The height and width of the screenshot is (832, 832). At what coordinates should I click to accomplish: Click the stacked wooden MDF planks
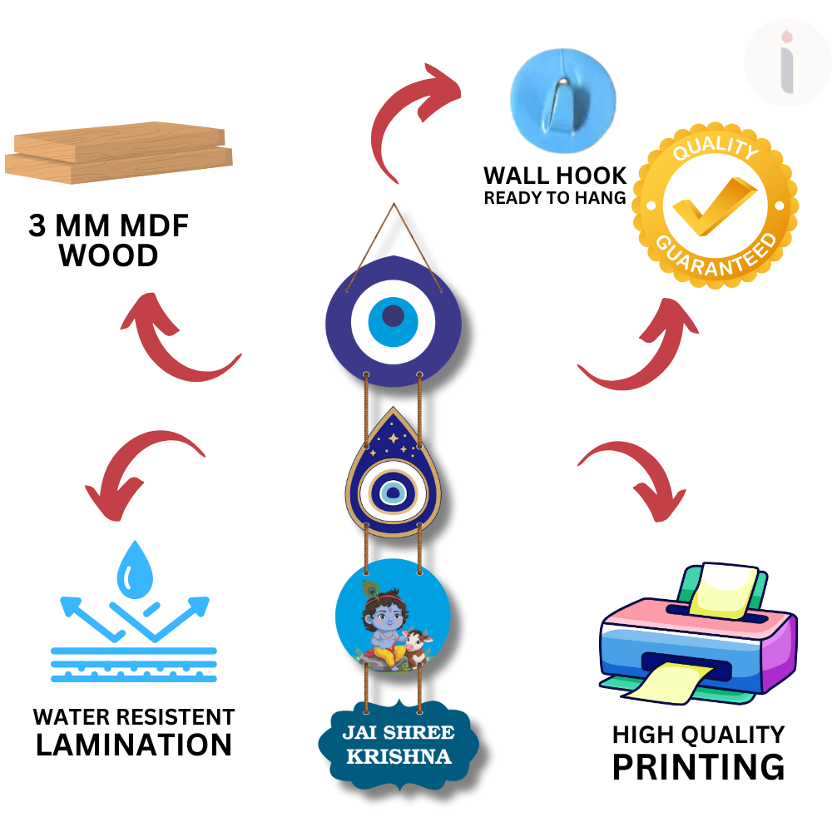(x=119, y=153)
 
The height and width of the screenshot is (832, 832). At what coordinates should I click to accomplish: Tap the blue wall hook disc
(x=563, y=101)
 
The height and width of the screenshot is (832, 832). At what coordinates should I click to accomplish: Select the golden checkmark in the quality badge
(x=714, y=206)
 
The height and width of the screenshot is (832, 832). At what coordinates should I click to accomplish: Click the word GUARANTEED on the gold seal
(x=717, y=255)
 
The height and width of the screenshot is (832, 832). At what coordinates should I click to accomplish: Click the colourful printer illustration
(x=698, y=633)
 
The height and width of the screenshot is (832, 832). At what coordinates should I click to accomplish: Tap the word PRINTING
(x=698, y=767)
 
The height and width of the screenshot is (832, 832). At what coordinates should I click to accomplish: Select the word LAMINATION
(x=134, y=744)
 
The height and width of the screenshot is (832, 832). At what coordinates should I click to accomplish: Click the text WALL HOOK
(x=555, y=175)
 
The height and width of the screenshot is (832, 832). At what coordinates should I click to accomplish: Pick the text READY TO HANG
(x=555, y=198)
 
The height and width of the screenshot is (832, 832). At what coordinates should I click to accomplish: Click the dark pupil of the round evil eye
(x=394, y=315)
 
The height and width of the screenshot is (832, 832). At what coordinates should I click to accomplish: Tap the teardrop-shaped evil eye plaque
(x=394, y=472)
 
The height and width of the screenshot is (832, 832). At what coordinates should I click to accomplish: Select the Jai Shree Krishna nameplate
(x=399, y=744)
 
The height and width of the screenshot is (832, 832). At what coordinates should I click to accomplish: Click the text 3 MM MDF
(x=109, y=225)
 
